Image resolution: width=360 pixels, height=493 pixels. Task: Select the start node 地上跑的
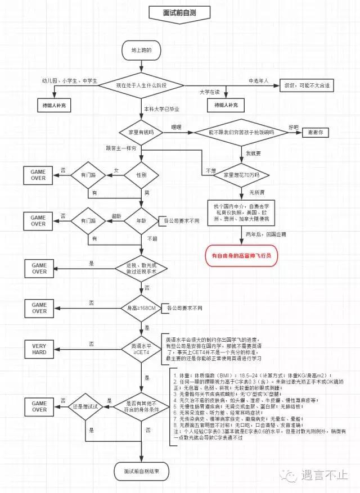(x=141, y=51)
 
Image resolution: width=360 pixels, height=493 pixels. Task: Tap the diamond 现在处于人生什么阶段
(x=141, y=85)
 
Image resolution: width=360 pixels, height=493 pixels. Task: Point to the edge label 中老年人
(x=259, y=80)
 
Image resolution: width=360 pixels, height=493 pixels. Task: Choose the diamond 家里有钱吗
(x=141, y=133)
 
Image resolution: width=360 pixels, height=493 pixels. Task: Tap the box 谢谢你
(x=319, y=133)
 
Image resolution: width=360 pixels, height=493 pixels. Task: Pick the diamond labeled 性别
(x=141, y=175)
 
